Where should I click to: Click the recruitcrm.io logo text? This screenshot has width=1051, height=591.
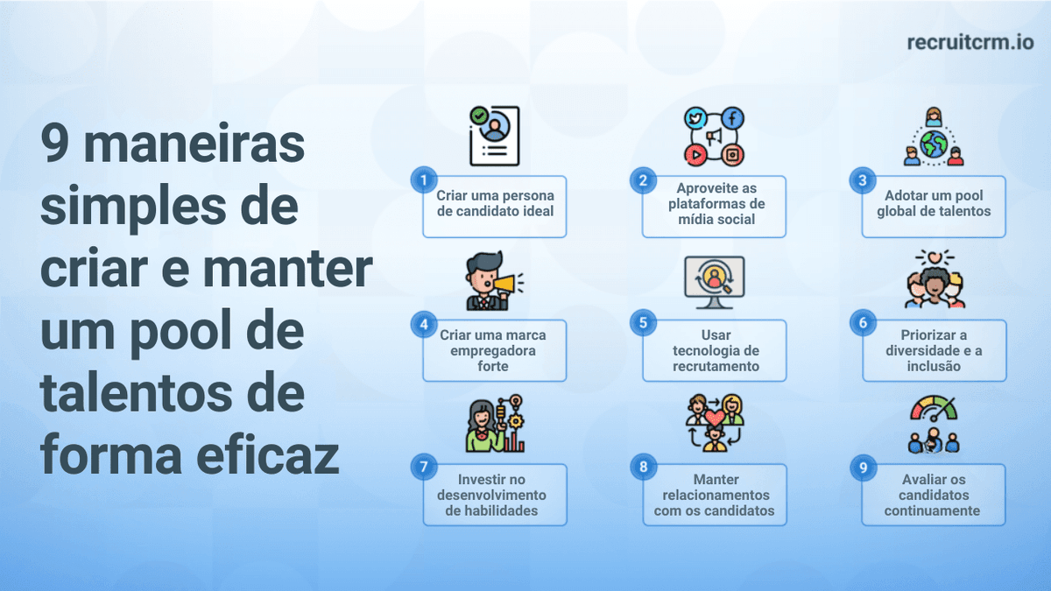pyautogui.click(x=970, y=42)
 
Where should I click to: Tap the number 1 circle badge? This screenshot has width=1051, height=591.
pyautogui.click(x=424, y=179)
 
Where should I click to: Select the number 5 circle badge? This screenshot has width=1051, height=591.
pyautogui.click(x=643, y=323)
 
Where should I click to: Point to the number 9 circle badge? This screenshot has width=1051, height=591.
pyautogui.click(x=863, y=468)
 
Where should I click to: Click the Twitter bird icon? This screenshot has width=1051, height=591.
pyautogui.click(x=695, y=118)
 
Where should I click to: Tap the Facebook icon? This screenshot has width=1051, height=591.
pyautogui.click(x=732, y=117)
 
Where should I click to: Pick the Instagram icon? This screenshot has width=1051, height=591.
pyautogui.click(x=732, y=155)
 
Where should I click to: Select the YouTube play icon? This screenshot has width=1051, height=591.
pyautogui.click(x=695, y=155)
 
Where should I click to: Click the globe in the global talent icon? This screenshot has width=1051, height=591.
pyautogui.click(x=934, y=143)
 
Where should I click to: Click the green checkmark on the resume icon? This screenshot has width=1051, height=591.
pyautogui.click(x=479, y=115)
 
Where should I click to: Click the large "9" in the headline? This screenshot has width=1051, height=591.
pyautogui.click(x=57, y=144)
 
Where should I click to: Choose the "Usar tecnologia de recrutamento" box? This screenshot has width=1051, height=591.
pyautogui.click(x=715, y=350)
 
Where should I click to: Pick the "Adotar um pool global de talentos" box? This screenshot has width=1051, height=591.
pyautogui.click(x=934, y=206)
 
